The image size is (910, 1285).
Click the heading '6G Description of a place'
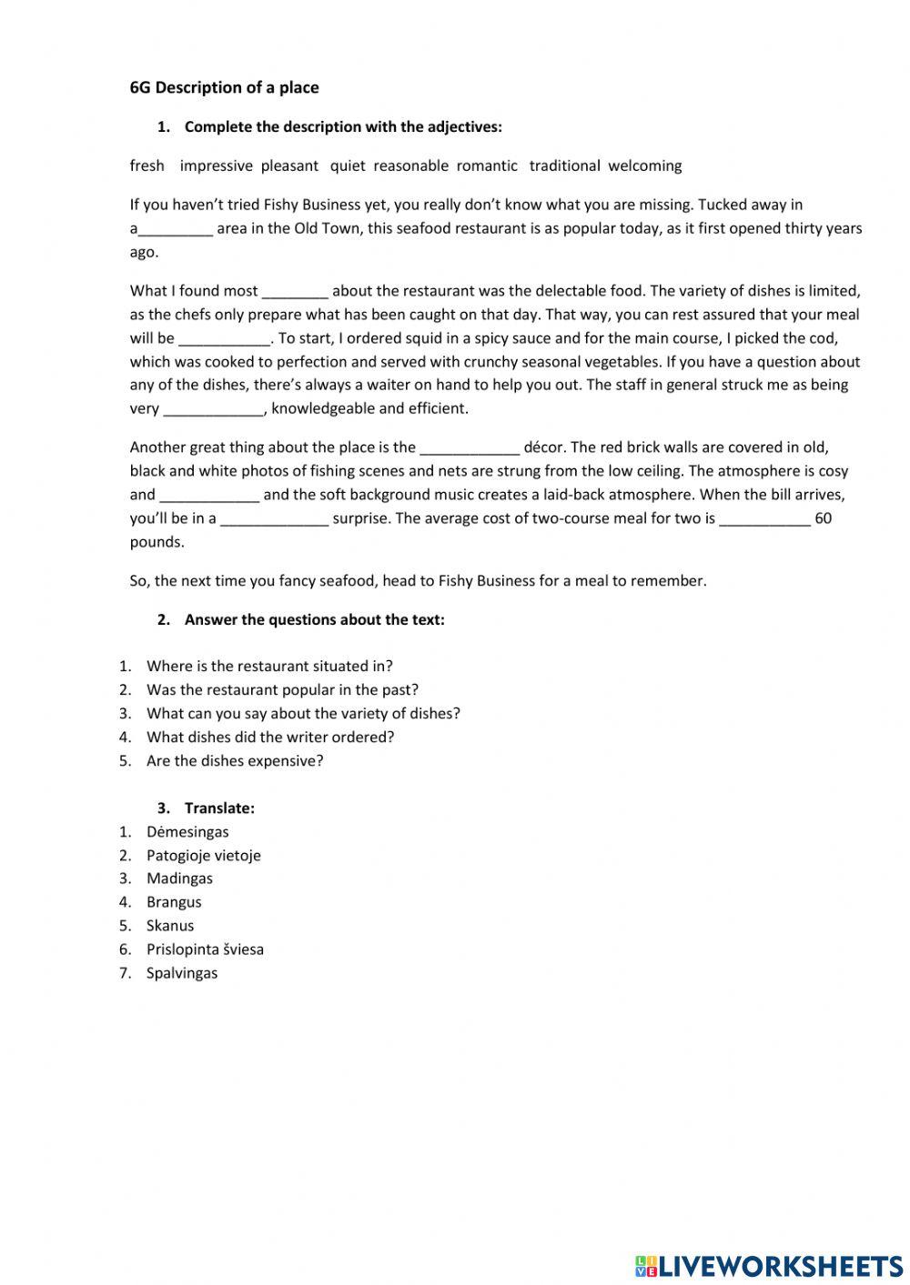tap(224, 87)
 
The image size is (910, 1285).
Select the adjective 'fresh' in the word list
tap(147, 166)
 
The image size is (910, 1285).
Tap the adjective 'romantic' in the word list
tap(487, 166)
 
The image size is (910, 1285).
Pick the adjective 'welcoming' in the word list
tap(644, 166)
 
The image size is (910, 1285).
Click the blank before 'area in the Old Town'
tap(175, 229)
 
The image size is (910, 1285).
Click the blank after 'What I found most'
tap(295, 292)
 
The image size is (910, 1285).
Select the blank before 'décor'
tap(470, 447)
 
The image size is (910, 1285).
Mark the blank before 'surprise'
tap(274, 519)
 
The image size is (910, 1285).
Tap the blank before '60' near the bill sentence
tap(764, 519)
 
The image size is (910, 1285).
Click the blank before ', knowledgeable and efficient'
tap(213, 409)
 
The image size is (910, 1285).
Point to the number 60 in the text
tap(823, 518)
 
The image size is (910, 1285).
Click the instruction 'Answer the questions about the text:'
tap(314, 619)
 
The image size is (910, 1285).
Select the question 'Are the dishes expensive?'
tap(235, 760)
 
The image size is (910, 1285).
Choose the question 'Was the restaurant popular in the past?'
tap(282, 689)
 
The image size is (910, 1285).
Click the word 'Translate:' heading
tap(219, 808)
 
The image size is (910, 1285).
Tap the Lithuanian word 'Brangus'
tap(174, 902)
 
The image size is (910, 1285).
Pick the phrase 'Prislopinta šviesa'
tap(205, 949)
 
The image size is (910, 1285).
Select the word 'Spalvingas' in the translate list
tap(182, 973)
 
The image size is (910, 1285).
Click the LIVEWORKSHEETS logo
tap(768, 1265)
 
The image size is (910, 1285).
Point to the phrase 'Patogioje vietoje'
tap(203, 855)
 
